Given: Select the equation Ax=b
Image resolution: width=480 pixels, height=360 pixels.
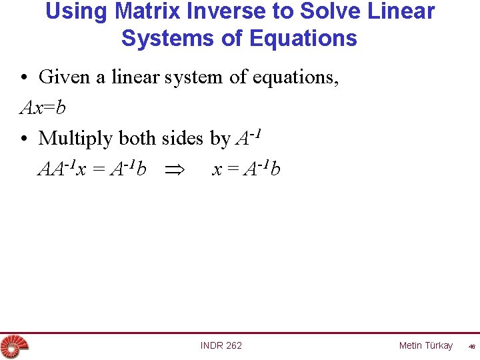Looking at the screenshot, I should (43, 107).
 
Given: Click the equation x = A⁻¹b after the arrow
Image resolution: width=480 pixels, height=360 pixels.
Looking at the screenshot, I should (246, 169).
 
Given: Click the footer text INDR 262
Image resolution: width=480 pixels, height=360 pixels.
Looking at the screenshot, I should (221, 345).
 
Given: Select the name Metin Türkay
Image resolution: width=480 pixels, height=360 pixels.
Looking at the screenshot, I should (425, 345).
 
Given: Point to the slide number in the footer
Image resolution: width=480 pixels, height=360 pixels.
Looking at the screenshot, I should (471, 346).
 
